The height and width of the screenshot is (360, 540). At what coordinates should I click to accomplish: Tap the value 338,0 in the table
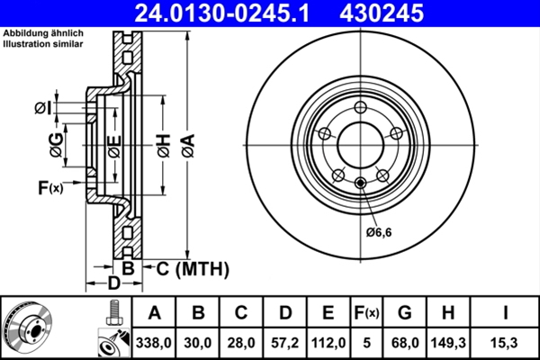tap(154, 343)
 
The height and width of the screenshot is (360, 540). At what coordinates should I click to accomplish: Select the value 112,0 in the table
tap(328, 343)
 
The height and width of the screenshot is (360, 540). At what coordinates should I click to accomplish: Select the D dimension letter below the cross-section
tap(113, 284)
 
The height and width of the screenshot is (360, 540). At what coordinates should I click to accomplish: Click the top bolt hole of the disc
tap(361, 109)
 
